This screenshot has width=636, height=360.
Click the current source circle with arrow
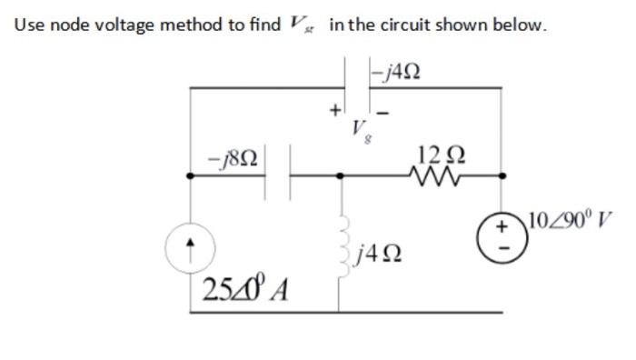click(189, 245)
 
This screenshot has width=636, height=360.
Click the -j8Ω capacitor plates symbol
click(277, 177)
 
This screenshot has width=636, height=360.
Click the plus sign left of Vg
click(333, 111)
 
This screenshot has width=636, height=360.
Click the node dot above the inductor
click(340, 177)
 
